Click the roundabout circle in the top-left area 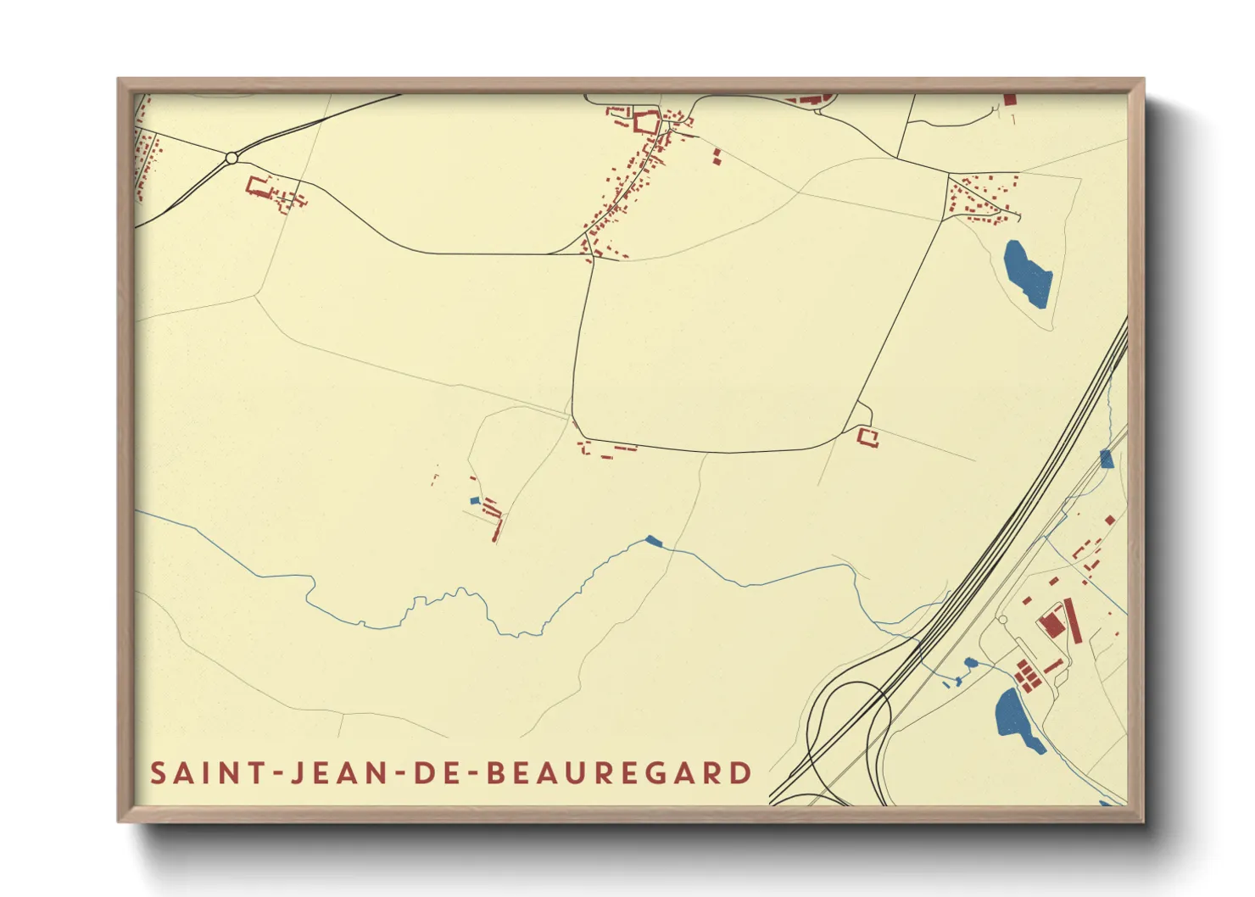(x=231, y=158)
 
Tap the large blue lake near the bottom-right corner (x=1016, y=719)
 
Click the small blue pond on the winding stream (x=652, y=540)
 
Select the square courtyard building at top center (x=646, y=123)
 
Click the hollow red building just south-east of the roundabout (x=258, y=186)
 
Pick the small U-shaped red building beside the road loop (x=867, y=437)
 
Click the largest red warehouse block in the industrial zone (x=1051, y=624)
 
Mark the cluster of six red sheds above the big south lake (x=1027, y=676)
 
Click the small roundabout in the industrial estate (x=1003, y=621)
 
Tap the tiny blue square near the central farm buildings (x=475, y=501)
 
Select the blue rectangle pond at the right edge (x=1106, y=460)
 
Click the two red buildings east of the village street (x=717, y=157)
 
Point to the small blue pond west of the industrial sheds (x=970, y=662)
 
